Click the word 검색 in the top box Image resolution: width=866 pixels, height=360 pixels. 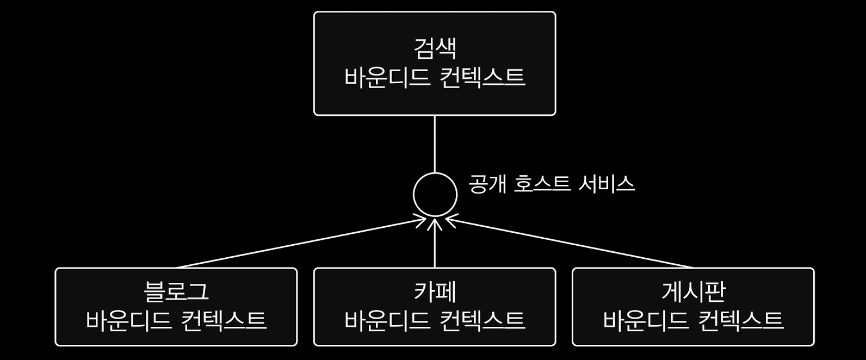click(435, 48)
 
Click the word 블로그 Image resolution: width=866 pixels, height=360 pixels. click(176, 291)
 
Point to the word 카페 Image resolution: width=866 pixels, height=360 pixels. click(435, 291)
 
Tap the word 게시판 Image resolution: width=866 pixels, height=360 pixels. click(693, 291)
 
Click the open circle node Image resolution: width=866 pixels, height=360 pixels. click(435, 195)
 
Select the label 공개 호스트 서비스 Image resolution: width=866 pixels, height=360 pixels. click(552, 184)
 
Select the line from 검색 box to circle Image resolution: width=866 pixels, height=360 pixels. click(435, 144)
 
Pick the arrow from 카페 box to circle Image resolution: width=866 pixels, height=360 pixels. click(435, 245)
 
